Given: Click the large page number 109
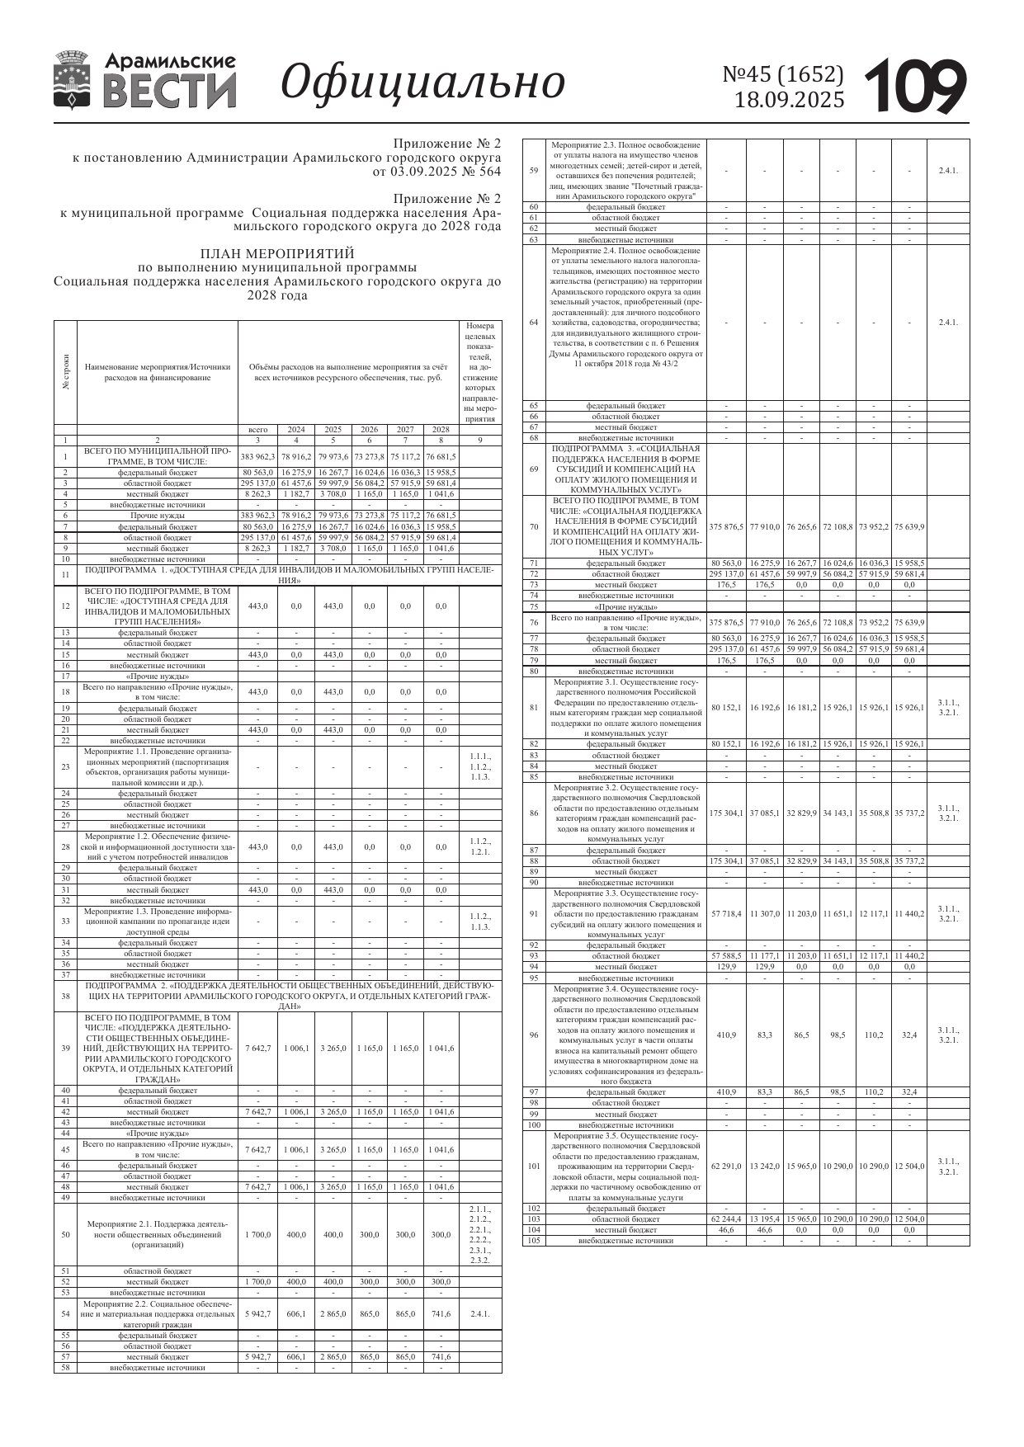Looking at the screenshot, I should tap(916, 86).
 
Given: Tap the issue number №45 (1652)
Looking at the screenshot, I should tap(783, 75).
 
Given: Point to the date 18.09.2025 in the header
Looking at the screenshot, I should tap(790, 101).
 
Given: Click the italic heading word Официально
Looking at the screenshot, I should tap(423, 82).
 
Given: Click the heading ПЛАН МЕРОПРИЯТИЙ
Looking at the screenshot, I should tap(277, 253).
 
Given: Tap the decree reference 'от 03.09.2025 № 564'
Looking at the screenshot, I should tap(436, 172).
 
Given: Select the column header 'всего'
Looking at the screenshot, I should tap(257, 430).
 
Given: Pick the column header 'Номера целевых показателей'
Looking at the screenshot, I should tap(479, 372).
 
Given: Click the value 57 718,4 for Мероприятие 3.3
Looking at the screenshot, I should tap(726, 914).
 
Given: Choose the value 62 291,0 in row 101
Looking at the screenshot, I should tap(726, 1167).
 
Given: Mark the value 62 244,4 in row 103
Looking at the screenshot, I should tap(726, 1218).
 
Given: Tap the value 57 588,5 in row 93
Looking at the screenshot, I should tap(726, 956).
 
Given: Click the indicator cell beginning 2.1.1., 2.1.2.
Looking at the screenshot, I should tap(479, 1235).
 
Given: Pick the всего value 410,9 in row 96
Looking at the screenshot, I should tap(726, 1035).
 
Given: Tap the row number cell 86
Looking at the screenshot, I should tap(533, 813).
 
